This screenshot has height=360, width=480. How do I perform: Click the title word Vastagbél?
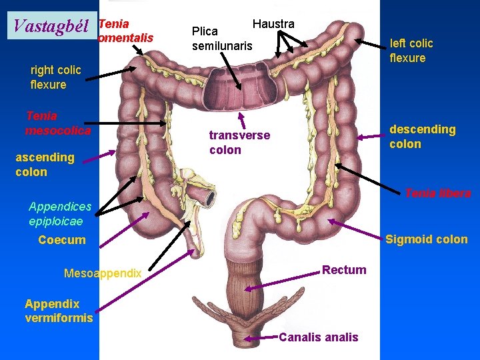pyautogui.click(x=51, y=27)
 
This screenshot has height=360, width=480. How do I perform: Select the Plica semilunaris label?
pyautogui.click(x=222, y=39)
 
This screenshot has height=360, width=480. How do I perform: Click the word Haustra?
pyautogui.click(x=273, y=24)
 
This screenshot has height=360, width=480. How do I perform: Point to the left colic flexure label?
pyautogui.click(x=411, y=51)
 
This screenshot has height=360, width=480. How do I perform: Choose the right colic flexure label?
pyautogui.click(x=55, y=77)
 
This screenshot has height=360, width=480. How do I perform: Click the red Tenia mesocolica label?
pyautogui.click(x=57, y=123)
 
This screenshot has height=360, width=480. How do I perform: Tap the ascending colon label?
pyautogui.click(x=45, y=165)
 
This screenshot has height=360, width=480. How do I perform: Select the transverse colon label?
pyautogui.click(x=239, y=142)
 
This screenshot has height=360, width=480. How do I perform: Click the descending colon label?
pyautogui.click(x=422, y=137)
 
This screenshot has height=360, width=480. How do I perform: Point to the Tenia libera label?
pyautogui.click(x=437, y=193)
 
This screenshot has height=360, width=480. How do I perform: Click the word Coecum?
pyautogui.click(x=62, y=240)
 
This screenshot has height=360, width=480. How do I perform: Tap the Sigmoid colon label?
pyautogui.click(x=427, y=239)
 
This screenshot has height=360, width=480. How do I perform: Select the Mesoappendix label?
pyautogui.click(x=103, y=273)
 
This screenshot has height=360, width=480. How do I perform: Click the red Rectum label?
pyautogui.click(x=344, y=270)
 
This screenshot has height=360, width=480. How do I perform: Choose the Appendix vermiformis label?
pyautogui.click(x=59, y=311)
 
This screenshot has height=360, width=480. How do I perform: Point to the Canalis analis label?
pyautogui.click(x=318, y=337)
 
